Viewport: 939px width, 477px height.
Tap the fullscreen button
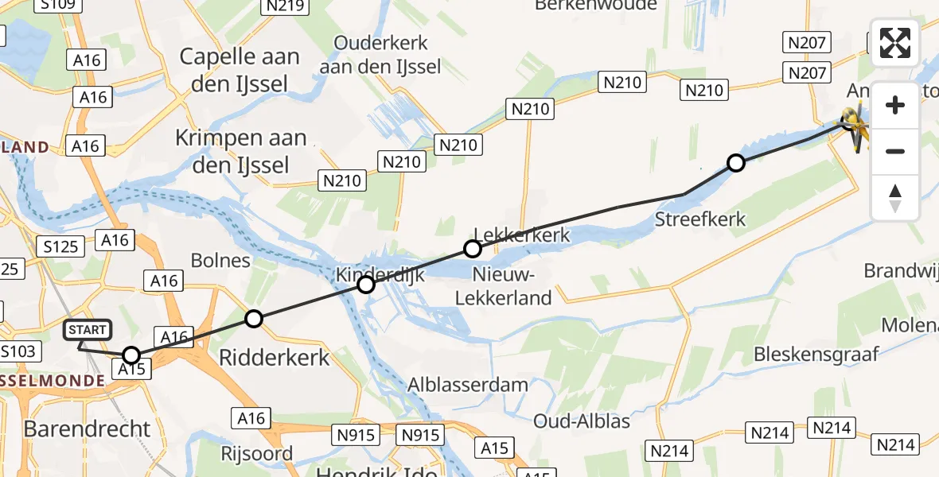(x=895, y=43)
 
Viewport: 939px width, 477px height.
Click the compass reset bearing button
(x=895, y=198)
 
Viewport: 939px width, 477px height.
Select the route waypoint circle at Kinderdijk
(x=366, y=285)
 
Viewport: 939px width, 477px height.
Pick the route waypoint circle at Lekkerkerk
(x=473, y=250)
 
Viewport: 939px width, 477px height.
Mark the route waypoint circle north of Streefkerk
(x=736, y=164)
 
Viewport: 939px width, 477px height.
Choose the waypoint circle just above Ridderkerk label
(x=253, y=319)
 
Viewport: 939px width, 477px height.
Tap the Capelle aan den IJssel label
(x=240, y=69)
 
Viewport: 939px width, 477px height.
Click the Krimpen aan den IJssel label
(x=241, y=151)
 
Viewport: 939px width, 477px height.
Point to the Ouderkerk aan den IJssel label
(x=380, y=55)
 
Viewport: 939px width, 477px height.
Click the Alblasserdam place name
(x=467, y=385)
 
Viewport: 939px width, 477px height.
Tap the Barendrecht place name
(x=87, y=429)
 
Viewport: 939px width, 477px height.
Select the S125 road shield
(x=61, y=246)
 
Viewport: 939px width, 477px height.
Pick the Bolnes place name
(x=220, y=261)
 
